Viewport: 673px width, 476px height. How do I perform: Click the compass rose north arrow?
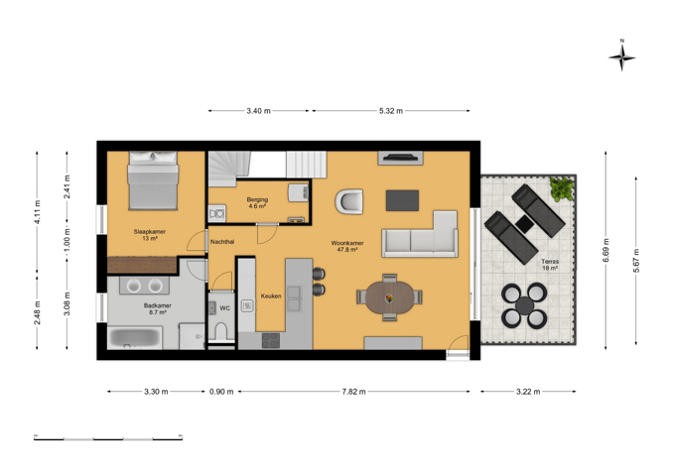[622, 56]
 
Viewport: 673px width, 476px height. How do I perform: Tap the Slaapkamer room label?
[149, 232]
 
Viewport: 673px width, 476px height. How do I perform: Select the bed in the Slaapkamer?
[153, 180]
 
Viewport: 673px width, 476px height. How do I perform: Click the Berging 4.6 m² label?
[257, 202]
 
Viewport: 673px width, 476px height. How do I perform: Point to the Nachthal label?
[222, 242]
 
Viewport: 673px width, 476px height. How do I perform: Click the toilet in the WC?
[221, 331]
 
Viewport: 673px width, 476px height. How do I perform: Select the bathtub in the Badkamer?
[135, 337]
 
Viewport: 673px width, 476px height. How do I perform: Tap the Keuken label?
[271, 296]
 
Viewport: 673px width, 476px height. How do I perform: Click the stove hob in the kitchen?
[271, 340]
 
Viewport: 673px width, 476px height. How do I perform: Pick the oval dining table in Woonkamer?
[390, 297]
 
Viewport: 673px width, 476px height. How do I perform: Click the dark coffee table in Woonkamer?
[402, 200]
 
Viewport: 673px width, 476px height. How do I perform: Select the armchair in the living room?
[349, 201]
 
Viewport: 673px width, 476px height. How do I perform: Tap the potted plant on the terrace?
[562, 188]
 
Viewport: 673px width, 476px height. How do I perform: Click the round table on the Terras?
[524, 305]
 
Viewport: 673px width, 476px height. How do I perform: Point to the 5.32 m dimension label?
[391, 111]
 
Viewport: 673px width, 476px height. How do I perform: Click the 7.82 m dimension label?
[353, 392]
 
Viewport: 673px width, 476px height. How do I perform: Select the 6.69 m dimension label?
[606, 251]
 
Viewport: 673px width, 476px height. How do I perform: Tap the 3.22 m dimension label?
[528, 392]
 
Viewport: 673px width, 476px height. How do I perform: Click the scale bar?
[108, 438]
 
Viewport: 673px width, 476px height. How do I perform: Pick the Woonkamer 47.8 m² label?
[347, 246]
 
